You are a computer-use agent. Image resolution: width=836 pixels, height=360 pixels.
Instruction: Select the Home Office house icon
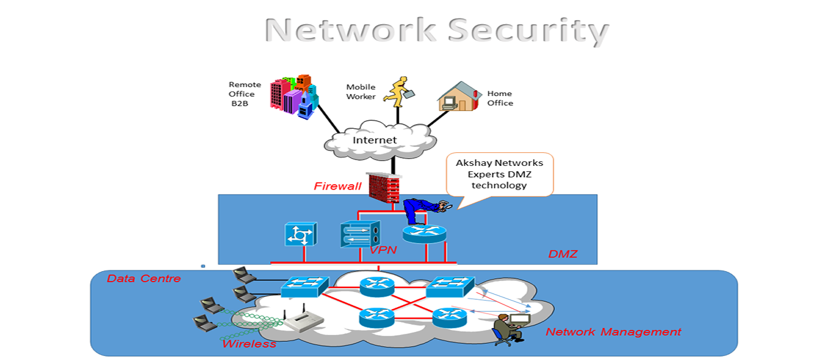pyautogui.click(x=459, y=97)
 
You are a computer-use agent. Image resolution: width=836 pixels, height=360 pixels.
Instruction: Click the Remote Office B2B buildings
pyautogui.click(x=295, y=96)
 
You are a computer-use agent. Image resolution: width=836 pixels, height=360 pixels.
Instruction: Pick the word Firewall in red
pyautogui.click(x=337, y=186)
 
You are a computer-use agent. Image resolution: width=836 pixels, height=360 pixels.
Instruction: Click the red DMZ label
pyautogui.click(x=562, y=254)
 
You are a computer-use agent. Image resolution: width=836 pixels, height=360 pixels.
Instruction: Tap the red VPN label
pyautogui.click(x=384, y=250)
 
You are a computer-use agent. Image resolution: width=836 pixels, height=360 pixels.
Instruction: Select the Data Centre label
pyautogui.click(x=144, y=279)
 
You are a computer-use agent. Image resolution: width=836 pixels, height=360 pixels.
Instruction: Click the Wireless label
pyautogui.click(x=249, y=344)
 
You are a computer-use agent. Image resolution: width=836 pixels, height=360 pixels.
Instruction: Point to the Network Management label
pyautogui.click(x=613, y=332)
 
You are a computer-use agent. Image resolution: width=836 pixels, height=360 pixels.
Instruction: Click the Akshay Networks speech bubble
pyautogui.click(x=500, y=174)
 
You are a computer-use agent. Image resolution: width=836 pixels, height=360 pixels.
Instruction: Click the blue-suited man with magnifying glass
pyautogui.click(x=419, y=210)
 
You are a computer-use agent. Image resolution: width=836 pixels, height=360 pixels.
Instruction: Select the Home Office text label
pyautogui.click(x=500, y=98)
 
